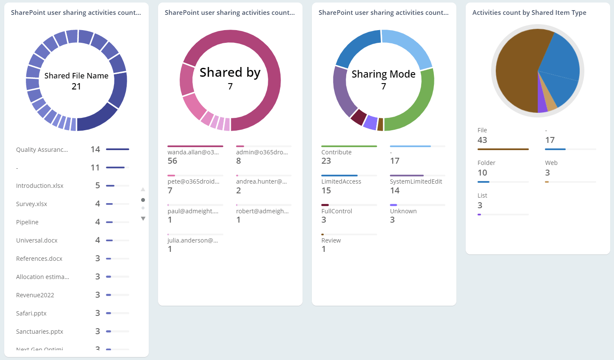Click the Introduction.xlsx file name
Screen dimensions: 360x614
(40, 186)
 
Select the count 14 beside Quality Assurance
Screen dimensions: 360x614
(95, 149)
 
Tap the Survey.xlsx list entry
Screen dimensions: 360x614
(32, 204)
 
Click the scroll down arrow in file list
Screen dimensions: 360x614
(143, 219)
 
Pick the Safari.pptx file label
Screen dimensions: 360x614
(31, 313)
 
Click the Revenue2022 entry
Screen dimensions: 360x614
(35, 295)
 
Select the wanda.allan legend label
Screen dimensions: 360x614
(193, 152)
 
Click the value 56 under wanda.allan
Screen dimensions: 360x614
(172, 161)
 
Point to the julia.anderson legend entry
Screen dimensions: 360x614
(193, 240)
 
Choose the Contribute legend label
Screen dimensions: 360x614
(336, 152)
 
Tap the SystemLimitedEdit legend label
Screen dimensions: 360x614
(416, 181)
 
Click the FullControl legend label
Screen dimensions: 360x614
(337, 211)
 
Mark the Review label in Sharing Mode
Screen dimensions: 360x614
(331, 240)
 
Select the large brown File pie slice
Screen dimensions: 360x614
(515, 72)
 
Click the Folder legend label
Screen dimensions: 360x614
(486, 163)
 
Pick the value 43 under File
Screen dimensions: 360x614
(482, 140)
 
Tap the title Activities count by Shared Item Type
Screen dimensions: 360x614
(529, 13)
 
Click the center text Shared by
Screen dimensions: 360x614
(230, 73)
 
